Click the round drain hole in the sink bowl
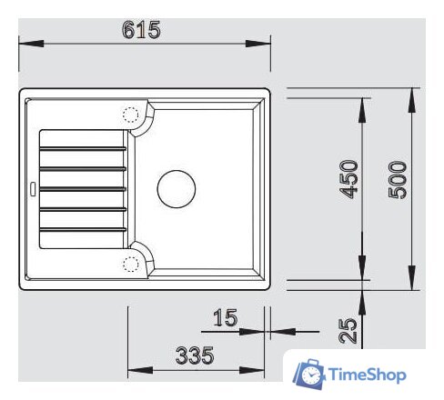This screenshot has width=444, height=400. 177,188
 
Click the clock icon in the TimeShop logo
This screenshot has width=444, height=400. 309,374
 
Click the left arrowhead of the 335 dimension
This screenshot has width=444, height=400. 133,370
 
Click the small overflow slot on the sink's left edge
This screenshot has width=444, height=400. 32,189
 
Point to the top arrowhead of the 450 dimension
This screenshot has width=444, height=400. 363,102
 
